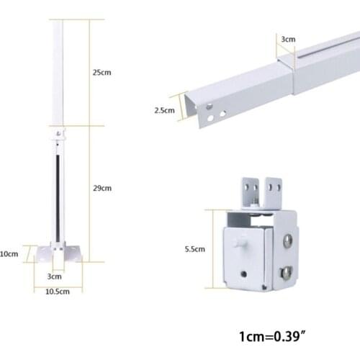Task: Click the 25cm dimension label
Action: (102, 73)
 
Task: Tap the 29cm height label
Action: (102, 188)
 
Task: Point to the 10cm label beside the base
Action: (9, 253)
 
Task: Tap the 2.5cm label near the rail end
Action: (164, 110)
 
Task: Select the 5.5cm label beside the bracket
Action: (194, 248)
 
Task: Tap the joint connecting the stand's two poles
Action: (58, 135)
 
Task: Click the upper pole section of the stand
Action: (57, 72)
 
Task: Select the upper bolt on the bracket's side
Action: (288, 240)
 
